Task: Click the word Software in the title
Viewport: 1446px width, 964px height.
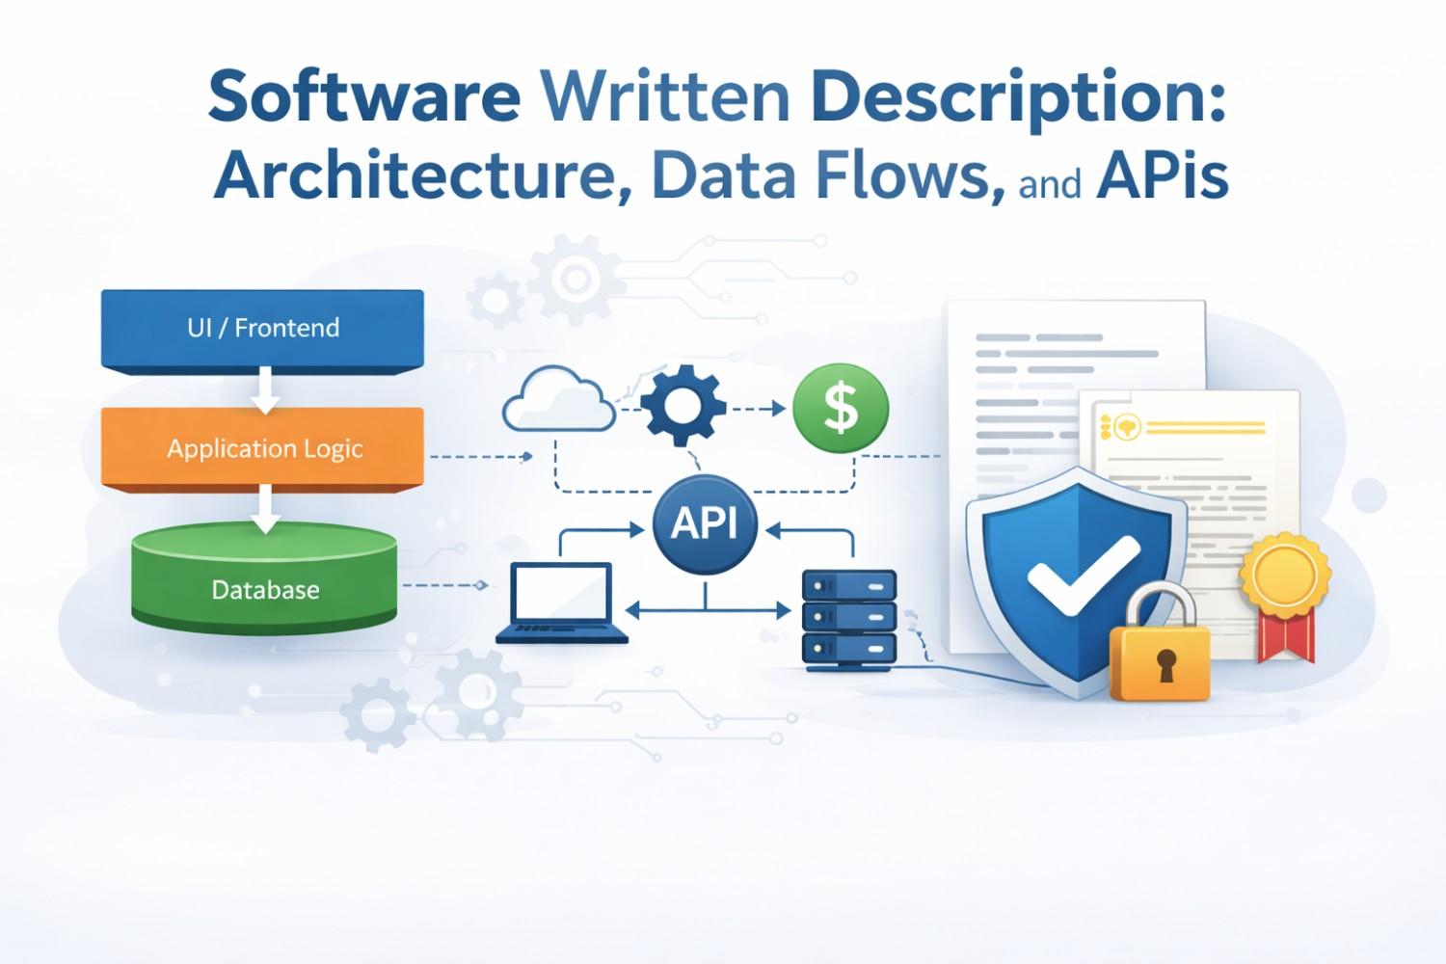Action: click(363, 96)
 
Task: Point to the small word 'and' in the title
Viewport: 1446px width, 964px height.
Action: click(1049, 181)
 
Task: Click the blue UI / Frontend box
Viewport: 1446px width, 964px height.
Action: click(262, 328)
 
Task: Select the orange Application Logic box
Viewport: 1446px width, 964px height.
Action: click(262, 448)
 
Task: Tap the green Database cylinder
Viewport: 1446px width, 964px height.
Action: click(264, 578)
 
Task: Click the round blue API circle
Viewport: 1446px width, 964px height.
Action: click(705, 523)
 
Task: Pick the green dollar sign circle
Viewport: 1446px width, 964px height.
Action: click(841, 408)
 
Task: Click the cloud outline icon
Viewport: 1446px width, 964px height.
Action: click(559, 400)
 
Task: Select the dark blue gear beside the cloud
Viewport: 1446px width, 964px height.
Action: click(683, 405)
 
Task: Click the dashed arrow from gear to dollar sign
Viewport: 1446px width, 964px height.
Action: click(759, 409)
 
